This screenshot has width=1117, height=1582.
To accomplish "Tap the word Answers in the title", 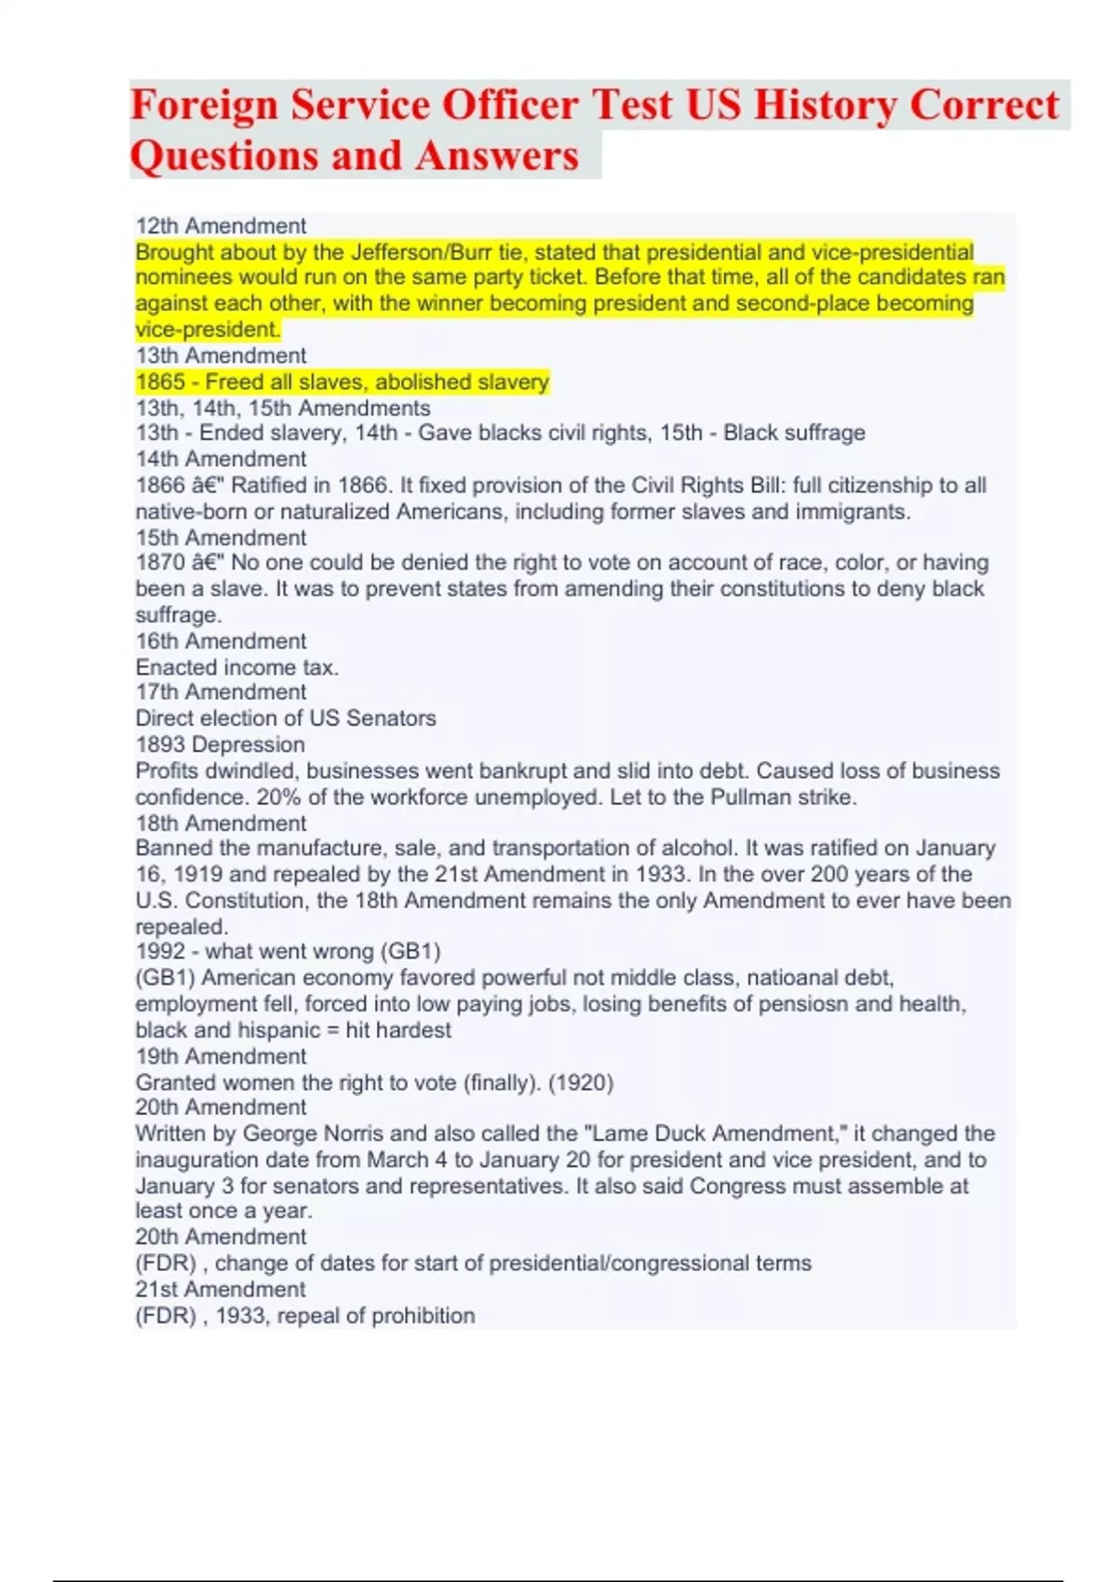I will [497, 155].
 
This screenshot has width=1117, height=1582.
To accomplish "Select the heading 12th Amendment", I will [221, 226].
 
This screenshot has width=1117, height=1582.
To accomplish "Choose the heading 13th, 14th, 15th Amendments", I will [283, 408].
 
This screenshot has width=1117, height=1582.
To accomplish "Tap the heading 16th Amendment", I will [221, 641].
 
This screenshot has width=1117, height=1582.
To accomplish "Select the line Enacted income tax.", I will [236, 667].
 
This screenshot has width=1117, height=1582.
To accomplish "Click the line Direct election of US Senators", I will [285, 718].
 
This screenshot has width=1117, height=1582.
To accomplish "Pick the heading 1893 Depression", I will [220, 744].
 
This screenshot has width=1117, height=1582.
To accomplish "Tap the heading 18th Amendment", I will [221, 824].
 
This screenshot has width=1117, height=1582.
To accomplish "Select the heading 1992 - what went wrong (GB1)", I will [288, 951].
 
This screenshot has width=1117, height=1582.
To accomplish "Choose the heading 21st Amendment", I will [220, 1290].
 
